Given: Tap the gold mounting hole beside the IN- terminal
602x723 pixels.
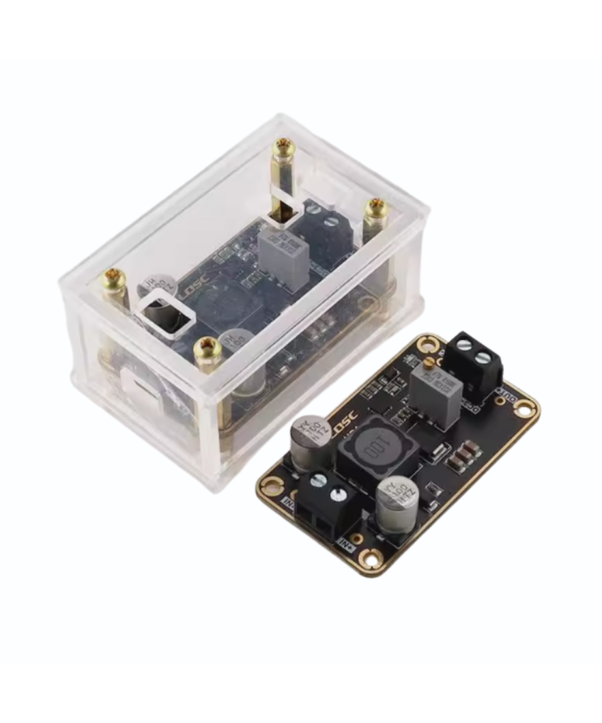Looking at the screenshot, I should [x=271, y=487].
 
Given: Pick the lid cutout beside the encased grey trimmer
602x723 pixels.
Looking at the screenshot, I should [x=284, y=205].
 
